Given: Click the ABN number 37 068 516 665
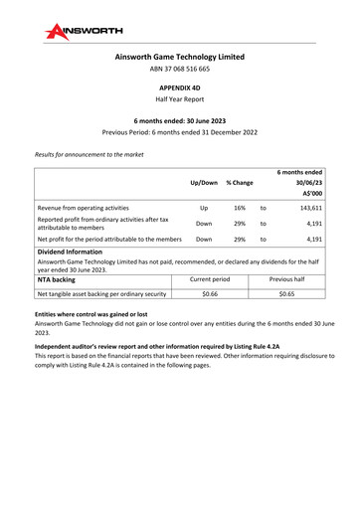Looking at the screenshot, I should tap(180, 70).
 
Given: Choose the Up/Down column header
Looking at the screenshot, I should tap(203, 184).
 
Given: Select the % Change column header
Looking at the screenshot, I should tap(240, 184).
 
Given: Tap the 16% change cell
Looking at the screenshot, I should tap(240, 210).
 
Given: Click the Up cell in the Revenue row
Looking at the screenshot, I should tap(203, 210).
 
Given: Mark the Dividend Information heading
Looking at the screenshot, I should tap(78, 254).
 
